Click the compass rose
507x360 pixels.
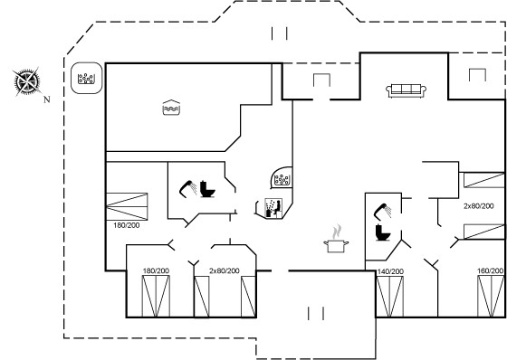(x=27, y=81)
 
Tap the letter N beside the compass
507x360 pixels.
(x=47, y=99)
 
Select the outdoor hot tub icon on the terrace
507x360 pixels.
(x=86, y=79)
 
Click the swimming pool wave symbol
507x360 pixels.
(x=171, y=108)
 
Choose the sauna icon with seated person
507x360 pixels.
(x=273, y=207)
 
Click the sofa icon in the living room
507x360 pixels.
(x=407, y=90)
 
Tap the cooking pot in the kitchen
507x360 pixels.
(x=336, y=246)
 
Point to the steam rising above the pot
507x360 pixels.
(x=337, y=232)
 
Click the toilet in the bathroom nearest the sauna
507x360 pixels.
(x=207, y=189)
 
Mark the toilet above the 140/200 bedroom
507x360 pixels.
(x=383, y=232)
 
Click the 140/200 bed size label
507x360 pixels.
(x=390, y=271)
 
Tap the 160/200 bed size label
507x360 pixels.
(x=491, y=270)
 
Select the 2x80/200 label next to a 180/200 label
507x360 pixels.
(x=225, y=270)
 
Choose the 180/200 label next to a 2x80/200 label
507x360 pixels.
(x=156, y=270)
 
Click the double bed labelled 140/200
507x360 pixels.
(x=390, y=297)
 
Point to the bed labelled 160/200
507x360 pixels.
(x=491, y=296)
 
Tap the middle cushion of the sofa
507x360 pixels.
(x=407, y=89)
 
